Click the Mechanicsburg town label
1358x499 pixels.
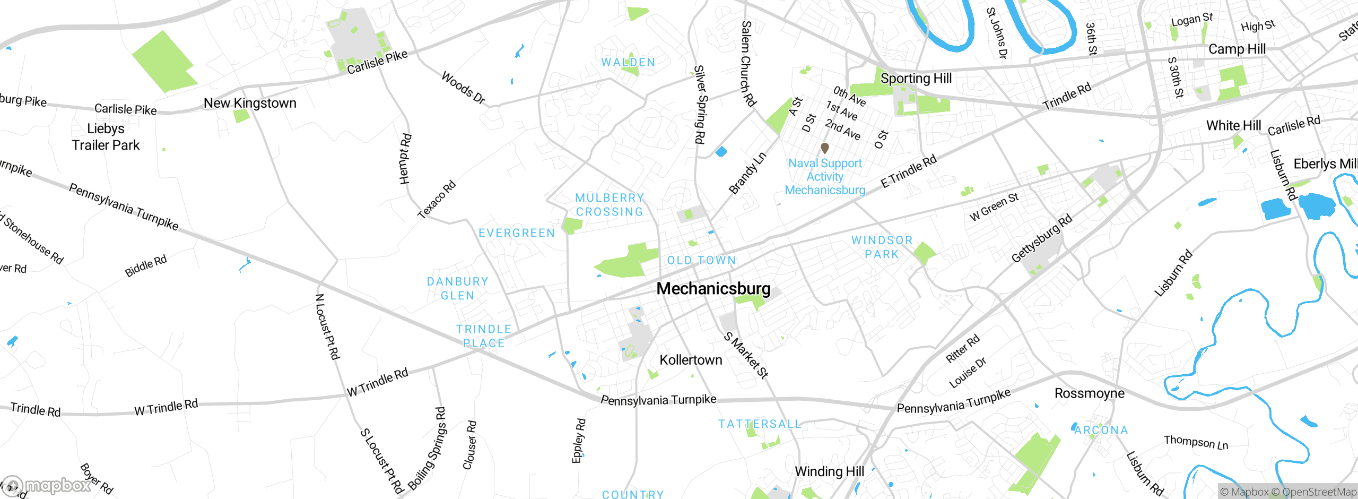click(x=713, y=289)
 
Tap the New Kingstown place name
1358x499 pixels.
click(x=250, y=103)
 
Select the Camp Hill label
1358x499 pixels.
click(x=1237, y=49)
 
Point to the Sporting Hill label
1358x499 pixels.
click(x=916, y=79)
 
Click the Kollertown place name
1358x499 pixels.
click(x=691, y=360)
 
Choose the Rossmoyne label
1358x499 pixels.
click(x=1089, y=393)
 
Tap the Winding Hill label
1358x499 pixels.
click(x=829, y=471)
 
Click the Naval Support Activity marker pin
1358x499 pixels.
click(x=824, y=148)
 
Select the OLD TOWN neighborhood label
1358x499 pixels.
click(x=701, y=261)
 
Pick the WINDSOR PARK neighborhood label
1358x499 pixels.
click(x=882, y=247)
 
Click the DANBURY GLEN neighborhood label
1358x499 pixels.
click(x=457, y=288)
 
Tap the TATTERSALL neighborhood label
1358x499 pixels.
click(x=759, y=424)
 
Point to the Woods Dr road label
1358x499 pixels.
click(x=463, y=88)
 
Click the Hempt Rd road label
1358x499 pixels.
click(x=405, y=159)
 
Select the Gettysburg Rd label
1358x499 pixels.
click(x=1041, y=238)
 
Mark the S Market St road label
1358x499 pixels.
click(x=746, y=355)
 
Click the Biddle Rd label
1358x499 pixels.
click(x=145, y=266)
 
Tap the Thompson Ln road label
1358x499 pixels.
click(x=1196, y=442)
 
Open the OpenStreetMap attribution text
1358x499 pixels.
click(x=1319, y=492)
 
